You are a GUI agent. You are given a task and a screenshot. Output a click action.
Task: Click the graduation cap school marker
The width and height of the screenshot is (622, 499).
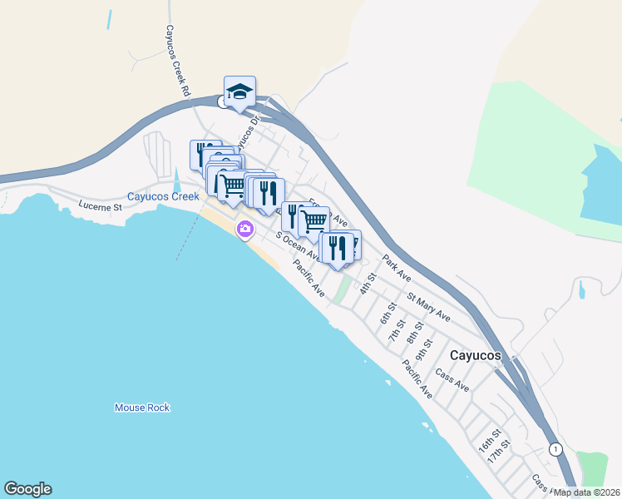(239, 92)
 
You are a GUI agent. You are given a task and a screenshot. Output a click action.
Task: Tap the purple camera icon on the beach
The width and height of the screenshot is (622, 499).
(245, 229)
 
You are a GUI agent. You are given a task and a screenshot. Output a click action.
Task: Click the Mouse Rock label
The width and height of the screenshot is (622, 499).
(142, 408)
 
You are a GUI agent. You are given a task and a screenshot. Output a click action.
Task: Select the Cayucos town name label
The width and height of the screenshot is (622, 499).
(476, 355)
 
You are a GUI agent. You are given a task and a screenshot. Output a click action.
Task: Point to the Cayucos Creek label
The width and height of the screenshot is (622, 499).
(163, 197)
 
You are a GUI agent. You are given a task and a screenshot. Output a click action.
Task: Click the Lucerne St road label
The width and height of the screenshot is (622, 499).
(100, 205)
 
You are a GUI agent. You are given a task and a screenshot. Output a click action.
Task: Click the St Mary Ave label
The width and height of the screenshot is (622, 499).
(428, 307)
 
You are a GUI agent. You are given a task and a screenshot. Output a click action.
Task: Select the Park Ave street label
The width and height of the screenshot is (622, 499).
(397, 265)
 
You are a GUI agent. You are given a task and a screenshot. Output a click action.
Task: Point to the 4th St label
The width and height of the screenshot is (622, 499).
(368, 284)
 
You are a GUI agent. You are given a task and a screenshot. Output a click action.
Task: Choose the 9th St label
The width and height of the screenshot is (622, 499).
(425, 348)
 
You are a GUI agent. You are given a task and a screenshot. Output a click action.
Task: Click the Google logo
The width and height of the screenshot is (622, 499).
(27, 489)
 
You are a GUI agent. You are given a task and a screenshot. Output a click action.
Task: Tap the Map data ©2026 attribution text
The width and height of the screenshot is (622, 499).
(587, 492)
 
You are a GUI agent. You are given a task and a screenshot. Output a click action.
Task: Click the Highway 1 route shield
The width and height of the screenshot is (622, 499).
(555, 449)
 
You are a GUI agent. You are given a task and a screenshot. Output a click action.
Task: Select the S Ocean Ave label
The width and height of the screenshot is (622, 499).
(298, 245)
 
